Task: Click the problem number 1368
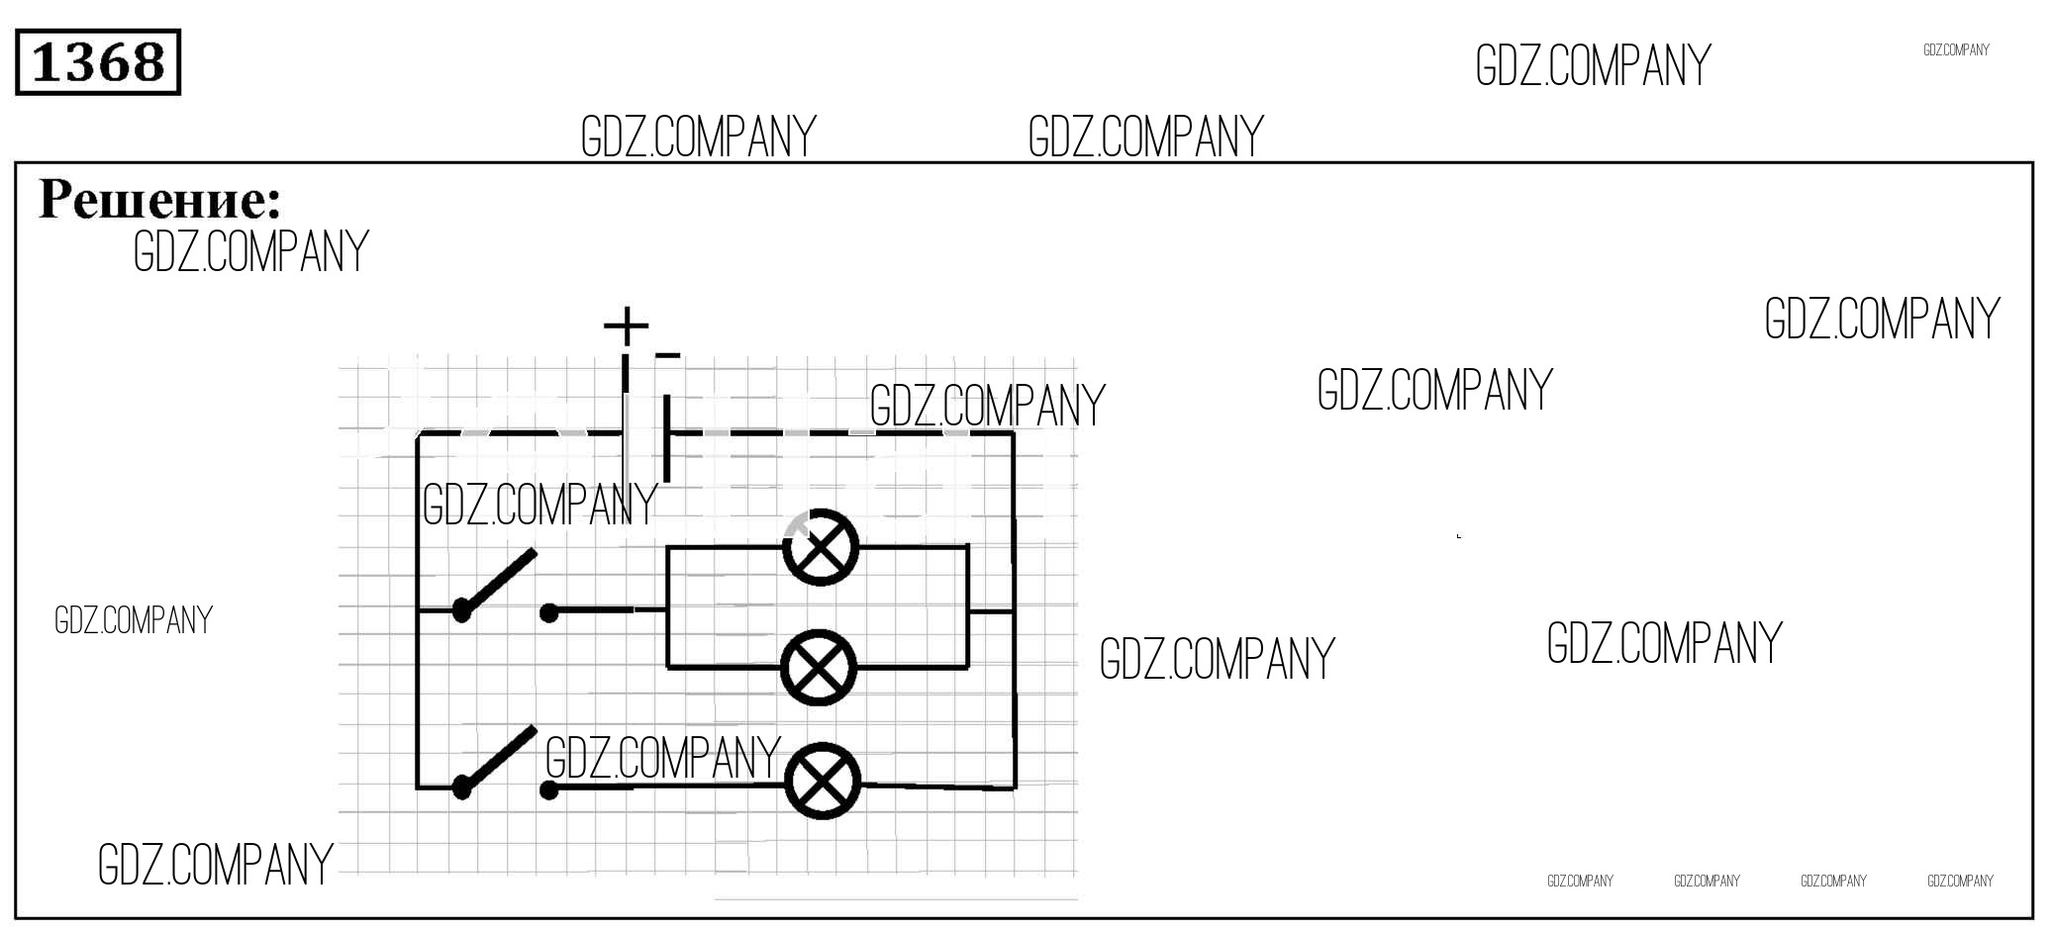click(x=98, y=62)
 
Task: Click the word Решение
click(x=159, y=199)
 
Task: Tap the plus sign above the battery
click(x=626, y=325)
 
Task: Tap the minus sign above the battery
click(x=668, y=355)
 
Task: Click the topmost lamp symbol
click(x=820, y=547)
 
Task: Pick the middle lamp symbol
click(x=819, y=668)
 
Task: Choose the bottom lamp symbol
click(x=822, y=781)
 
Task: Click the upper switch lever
click(x=499, y=581)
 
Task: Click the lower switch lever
click(x=499, y=759)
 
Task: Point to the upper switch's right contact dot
click(x=549, y=613)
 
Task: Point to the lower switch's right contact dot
click(x=549, y=790)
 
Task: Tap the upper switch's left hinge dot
click(x=461, y=610)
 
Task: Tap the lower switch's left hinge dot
click(x=461, y=788)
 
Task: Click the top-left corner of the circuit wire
click(x=418, y=433)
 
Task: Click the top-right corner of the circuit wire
click(x=1014, y=433)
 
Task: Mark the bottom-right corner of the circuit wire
click(x=1014, y=788)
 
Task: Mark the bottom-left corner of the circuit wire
click(x=418, y=788)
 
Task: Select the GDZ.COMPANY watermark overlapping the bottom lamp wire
click(x=662, y=759)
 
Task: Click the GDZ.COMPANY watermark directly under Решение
click(x=250, y=251)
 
